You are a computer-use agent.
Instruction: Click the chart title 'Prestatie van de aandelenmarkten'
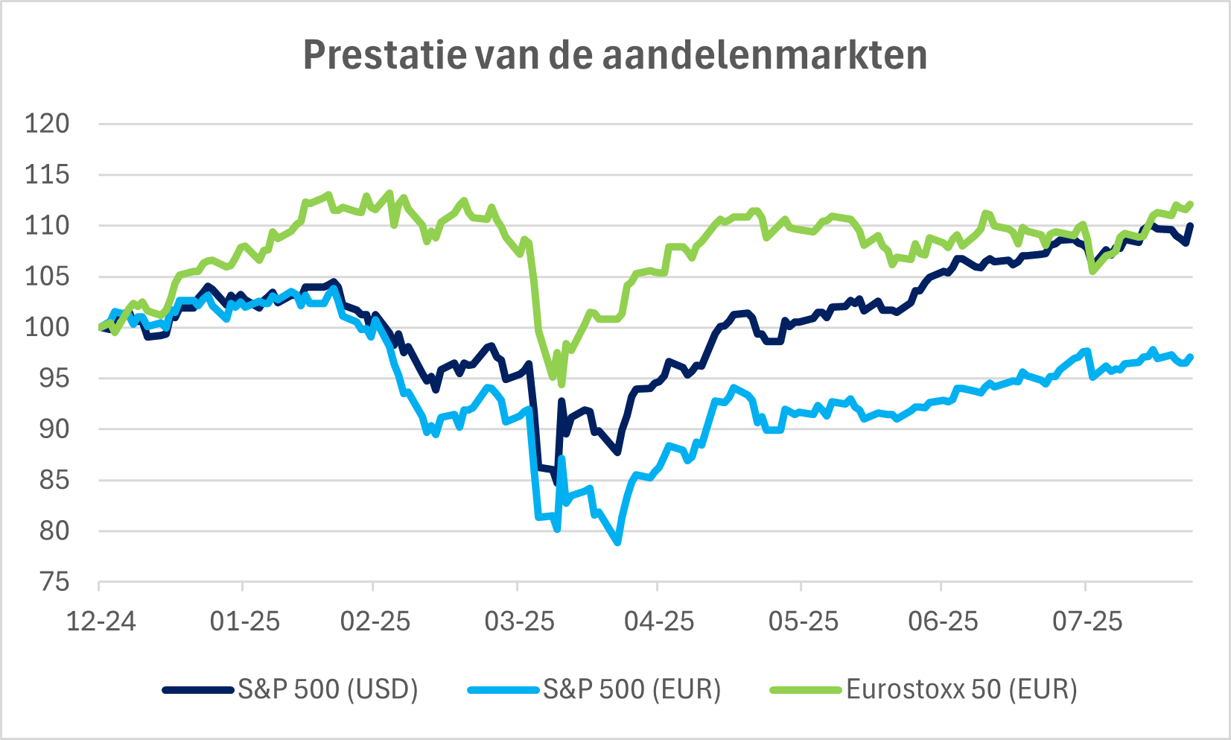pos(615,55)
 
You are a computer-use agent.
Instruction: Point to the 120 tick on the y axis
pos(47,124)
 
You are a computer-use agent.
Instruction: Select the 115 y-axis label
pos(47,175)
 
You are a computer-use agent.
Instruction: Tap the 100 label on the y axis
pos(47,327)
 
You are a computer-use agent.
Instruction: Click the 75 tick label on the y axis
pos(55,582)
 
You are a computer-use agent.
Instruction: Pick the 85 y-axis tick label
pos(55,480)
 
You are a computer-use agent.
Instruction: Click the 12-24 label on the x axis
pos(101,621)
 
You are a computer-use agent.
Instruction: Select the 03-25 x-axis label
pos(519,621)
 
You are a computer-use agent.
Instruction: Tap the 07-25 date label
pos(1087,621)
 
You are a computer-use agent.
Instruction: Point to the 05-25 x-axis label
pos(803,621)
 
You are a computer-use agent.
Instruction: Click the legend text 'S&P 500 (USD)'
pos(328,689)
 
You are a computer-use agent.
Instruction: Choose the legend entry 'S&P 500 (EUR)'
pos(632,689)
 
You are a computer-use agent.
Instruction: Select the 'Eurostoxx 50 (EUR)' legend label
pos(961,689)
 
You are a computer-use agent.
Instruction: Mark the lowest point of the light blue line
pos(618,543)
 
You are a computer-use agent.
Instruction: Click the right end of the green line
pos(1192,203)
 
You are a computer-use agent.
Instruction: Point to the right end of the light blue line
pos(1192,357)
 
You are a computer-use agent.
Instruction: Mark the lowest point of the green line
pos(562,385)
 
